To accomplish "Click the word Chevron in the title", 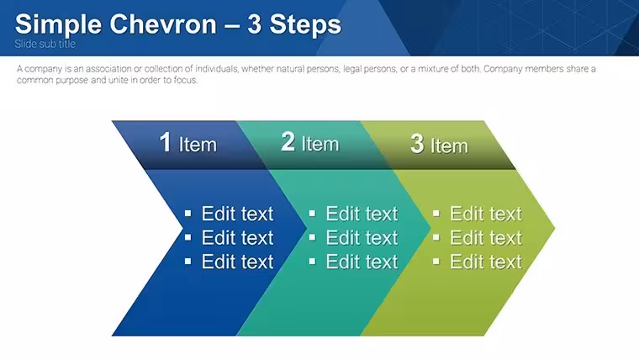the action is tap(163, 24).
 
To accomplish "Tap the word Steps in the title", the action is tap(305, 25).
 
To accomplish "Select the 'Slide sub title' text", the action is tap(45, 44).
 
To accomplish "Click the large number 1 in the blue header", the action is tap(165, 142).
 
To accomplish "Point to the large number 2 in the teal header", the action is tap(288, 141).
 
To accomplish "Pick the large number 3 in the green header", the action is tap(417, 144).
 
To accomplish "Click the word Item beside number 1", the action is tap(198, 145).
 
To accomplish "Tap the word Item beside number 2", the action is tap(319, 144).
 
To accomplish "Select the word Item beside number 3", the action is tap(449, 146).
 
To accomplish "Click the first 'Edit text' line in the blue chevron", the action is tap(237, 214).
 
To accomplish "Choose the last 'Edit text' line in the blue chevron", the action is tap(237, 262).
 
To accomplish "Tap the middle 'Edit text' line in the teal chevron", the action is tap(362, 238).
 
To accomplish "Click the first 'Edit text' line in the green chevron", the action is tap(485, 214).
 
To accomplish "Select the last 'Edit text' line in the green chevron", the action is tap(485, 262).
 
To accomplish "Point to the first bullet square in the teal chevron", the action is tap(312, 214).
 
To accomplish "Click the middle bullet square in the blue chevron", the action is tap(187, 237).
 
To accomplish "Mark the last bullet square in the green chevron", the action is tap(436, 262).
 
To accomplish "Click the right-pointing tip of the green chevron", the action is tap(555, 228).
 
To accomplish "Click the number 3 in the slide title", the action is tap(254, 24).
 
